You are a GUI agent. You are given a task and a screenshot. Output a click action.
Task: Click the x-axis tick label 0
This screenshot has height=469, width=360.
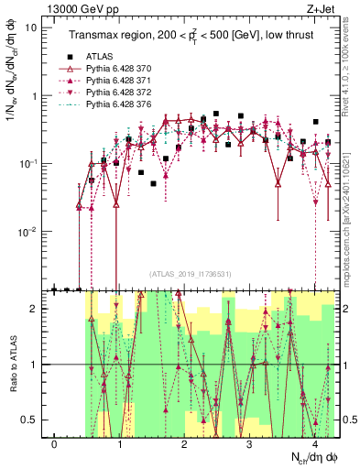coord(55,444)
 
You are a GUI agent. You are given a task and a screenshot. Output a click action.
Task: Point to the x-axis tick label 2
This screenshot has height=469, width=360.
coord(185,444)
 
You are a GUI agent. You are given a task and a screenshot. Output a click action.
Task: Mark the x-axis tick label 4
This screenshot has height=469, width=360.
coord(314,444)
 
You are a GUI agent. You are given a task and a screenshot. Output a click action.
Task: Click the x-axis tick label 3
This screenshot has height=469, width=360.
coord(250,444)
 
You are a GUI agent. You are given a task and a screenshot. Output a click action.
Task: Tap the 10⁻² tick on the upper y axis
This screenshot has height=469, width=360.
coord(28,232)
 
